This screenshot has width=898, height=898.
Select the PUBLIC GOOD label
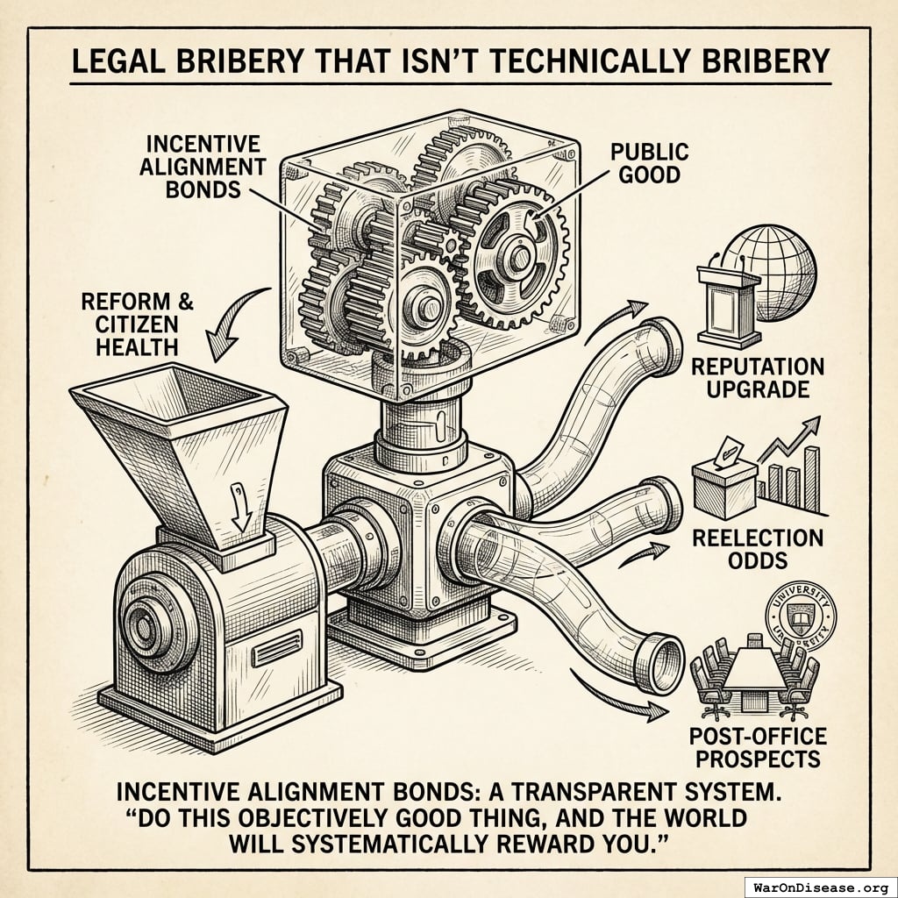649,162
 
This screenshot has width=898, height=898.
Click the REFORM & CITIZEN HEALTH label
138,324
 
